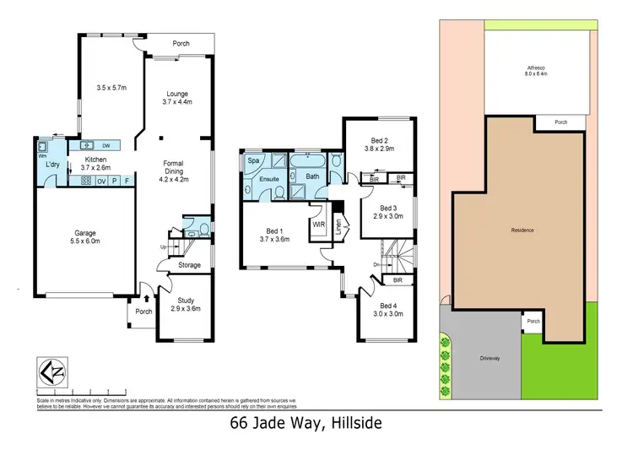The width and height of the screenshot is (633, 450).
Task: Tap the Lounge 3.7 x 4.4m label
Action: click(x=177, y=98)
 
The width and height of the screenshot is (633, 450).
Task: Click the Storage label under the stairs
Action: click(x=189, y=265)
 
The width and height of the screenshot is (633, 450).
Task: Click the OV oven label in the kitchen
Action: click(x=100, y=181)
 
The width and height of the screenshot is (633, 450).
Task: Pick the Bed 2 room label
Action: click(x=379, y=145)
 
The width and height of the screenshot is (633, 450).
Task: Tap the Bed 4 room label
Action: click(x=387, y=310)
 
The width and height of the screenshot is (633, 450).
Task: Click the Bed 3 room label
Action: click(x=388, y=211)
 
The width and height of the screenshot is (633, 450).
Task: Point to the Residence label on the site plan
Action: click(x=523, y=230)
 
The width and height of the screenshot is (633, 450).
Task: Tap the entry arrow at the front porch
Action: click(x=147, y=297)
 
